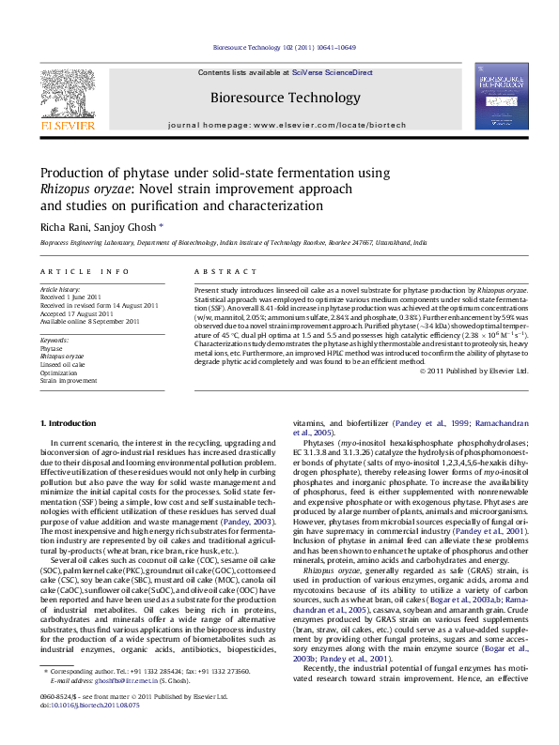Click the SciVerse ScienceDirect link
click(333, 72)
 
